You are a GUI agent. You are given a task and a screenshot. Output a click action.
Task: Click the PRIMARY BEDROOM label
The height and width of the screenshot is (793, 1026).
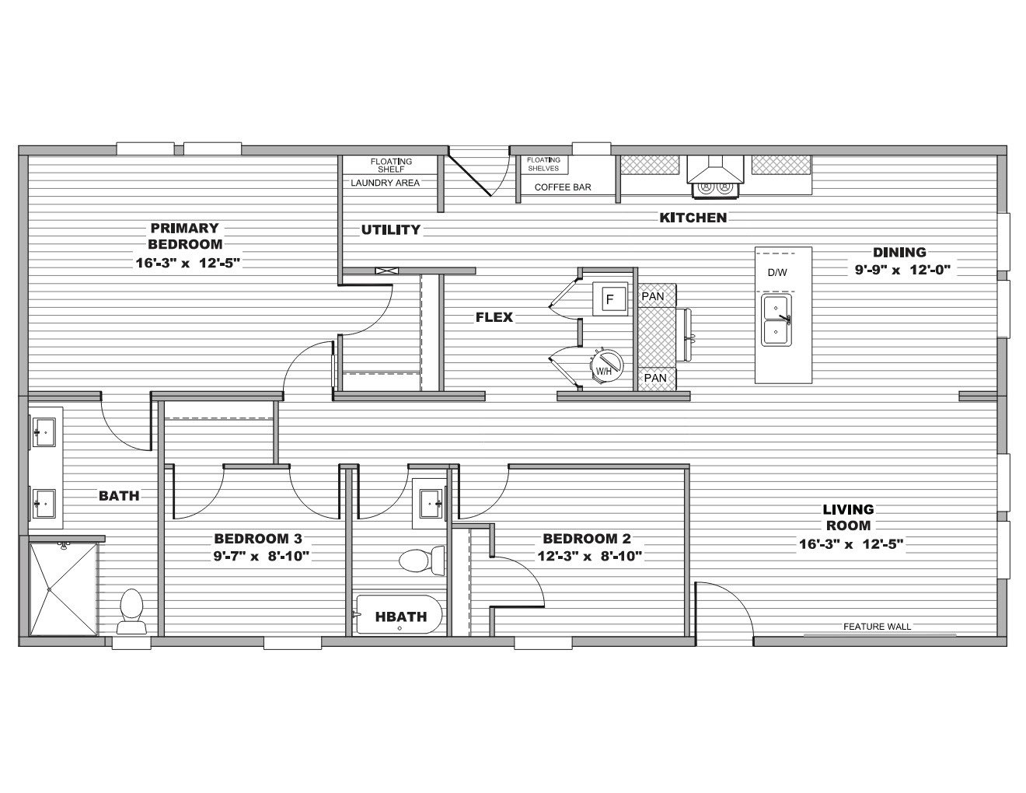pos(185,236)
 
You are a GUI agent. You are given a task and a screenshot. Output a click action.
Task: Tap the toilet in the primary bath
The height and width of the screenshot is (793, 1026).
pos(131,611)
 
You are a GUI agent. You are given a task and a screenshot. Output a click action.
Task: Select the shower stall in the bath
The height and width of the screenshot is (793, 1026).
pos(63,589)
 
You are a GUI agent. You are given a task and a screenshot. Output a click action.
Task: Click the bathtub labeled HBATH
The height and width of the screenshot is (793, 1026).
pos(399,614)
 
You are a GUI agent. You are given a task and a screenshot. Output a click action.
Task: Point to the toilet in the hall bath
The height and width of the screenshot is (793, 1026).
pos(421,561)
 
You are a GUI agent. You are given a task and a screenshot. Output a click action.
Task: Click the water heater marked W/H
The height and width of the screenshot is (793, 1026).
pos(606,366)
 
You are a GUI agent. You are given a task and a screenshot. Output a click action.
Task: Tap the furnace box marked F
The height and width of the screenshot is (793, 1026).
pos(610,299)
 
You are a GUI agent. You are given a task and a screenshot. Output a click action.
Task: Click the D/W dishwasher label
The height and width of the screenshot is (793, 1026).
pos(777,273)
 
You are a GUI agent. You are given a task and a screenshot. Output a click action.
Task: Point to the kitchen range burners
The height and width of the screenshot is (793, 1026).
pos(715,188)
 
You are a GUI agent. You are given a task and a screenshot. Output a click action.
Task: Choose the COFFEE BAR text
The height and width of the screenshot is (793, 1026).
pos(563,187)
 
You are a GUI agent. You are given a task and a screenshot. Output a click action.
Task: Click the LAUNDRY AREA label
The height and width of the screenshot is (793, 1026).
pos(386,183)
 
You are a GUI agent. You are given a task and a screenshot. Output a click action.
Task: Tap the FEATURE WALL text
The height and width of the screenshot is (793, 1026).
pos(878,627)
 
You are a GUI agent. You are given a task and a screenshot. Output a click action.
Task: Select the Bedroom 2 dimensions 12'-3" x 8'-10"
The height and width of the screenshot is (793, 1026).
pos(590,556)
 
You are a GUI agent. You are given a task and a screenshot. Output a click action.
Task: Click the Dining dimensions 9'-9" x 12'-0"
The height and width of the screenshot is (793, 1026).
pos(902,270)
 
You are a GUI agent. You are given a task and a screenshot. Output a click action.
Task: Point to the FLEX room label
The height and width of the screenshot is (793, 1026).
pos(494,317)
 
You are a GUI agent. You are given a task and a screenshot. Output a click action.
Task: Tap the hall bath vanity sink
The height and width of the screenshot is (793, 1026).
pos(431,504)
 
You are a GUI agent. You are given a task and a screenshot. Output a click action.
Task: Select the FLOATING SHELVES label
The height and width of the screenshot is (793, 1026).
pos(543,164)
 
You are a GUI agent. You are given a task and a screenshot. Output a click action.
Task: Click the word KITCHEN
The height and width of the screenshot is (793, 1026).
pos(693,218)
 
